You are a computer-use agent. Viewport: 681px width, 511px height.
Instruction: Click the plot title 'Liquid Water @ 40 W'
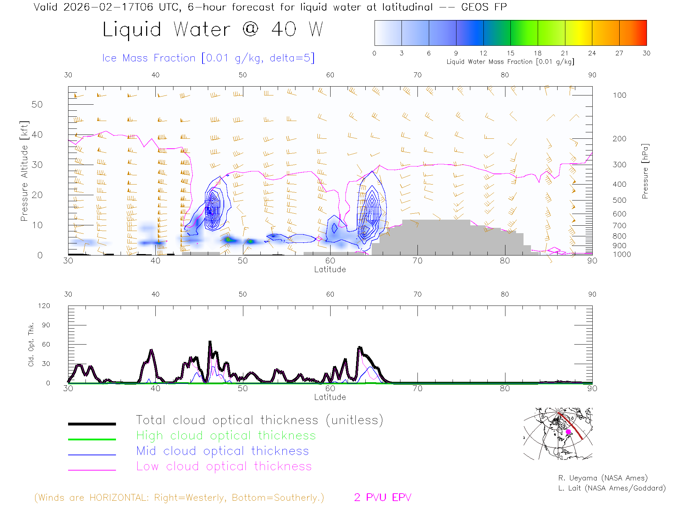pyautogui.click(x=213, y=29)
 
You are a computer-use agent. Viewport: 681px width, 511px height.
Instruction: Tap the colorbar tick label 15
pyautogui.click(x=510, y=53)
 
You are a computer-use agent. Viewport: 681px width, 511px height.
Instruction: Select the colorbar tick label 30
pyautogui.click(x=646, y=53)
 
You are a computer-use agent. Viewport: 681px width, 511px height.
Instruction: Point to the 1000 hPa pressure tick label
pyautogui.click(x=622, y=254)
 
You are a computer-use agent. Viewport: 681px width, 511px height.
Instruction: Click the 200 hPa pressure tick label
pyautogui.click(x=619, y=139)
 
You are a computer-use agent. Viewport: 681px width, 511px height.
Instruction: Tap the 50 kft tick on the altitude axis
pyautogui.click(x=37, y=104)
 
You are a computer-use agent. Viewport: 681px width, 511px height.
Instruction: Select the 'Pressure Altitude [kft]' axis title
pyautogui.click(x=24, y=171)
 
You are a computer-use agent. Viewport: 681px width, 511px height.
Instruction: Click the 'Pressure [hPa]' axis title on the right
pyautogui.click(x=645, y=171)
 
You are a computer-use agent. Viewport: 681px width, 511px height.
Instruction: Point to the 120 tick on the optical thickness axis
pyautogui.click(x=44, y=306)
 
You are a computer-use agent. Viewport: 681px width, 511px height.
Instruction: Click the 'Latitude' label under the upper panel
pyautogui.click(x=330, y=270)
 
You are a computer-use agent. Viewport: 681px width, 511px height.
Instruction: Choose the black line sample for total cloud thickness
pyautogui.click(x=92, y=424)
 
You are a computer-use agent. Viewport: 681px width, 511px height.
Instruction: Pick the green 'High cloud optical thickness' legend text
pyautogui.click(x=226, y=435)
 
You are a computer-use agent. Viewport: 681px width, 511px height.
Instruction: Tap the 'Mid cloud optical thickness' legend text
pyautogui.click(x=222, y=451)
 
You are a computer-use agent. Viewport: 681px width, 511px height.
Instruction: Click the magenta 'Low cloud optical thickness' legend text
pyautogui.click(x=224, y=466)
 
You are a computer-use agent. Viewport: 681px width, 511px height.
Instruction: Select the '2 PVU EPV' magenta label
pyautogui.click(x=382, y=498)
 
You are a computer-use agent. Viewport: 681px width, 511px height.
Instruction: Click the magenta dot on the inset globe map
pyautogui.click(x=568, y=432)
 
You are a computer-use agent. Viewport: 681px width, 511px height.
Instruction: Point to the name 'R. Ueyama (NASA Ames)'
pyautogui.click(x=603, y=478)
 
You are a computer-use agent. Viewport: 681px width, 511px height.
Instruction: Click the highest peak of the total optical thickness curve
pyautogui.click(x=210, y=342)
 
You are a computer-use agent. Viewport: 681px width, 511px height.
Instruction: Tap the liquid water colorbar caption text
pyautogui.click(x=510, y=62)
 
